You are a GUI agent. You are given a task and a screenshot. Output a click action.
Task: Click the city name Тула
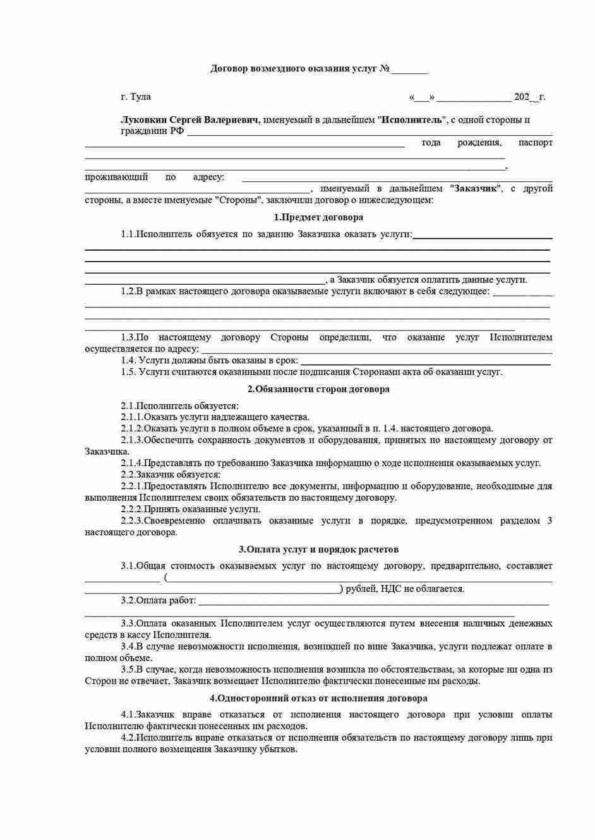click(140, 97)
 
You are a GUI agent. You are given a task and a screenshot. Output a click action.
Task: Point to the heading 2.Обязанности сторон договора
click(318, 389)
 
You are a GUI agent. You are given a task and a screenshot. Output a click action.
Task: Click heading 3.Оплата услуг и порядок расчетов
click(318, 549)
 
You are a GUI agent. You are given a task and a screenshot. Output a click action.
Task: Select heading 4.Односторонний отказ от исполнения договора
click(318, 698)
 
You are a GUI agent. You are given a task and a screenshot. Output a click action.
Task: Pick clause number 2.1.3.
click(132, 440)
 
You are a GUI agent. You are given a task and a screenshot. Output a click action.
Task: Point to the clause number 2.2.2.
click(132, 509)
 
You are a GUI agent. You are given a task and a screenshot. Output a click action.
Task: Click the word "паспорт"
click(535, 143)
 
